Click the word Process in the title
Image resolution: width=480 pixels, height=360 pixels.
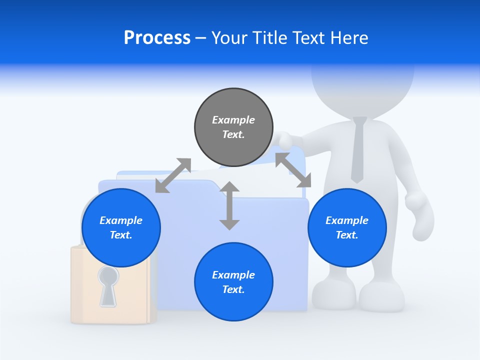pyautogui.click(x=157, y=38)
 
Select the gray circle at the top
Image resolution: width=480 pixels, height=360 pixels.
pyautogui.click(x=233, y=127)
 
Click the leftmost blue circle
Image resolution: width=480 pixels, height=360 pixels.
pyautogui.click(x=121, y=227)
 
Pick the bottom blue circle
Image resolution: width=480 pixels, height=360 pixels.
pyautogui.click(x=233, y=282)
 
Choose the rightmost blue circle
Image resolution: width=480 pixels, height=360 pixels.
pyautogui.click(x=347, y=227)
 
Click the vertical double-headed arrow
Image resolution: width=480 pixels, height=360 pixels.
pyautogui.click(x=229, y=205)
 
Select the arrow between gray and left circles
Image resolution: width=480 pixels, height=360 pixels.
pyautogui.click(x=173, y=175)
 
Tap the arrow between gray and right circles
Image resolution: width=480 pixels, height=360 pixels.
pyautogui.click(x=293, y=170)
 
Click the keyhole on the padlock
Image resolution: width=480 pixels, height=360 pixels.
pyautogui.click(x=107, y=285)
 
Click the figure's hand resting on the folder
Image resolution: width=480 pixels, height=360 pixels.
pyautogui.click(x=285, y=139)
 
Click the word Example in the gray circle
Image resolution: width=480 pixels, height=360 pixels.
pyautogui.click(x=233, y=120)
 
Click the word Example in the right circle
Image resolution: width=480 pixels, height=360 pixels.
pyautogui.click(x=347, y=220)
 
